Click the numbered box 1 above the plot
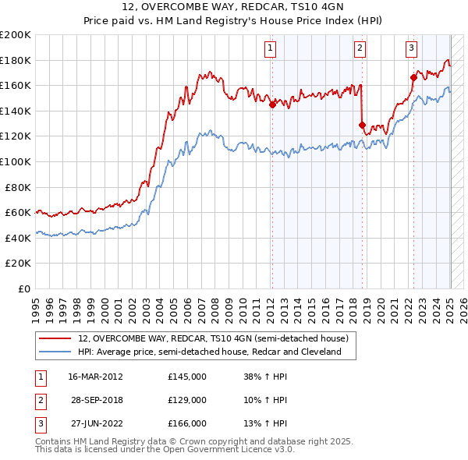click(x=270, y=48)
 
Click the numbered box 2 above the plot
click(x=360, y=48)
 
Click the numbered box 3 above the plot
click(x=410, y=48)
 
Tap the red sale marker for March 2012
click(x=272, y=104)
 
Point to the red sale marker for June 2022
click(x=413, y=77)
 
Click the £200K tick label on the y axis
click(x=16, y=35)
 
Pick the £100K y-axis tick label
click(x=16, y=161)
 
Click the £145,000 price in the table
click(x=187, y=377)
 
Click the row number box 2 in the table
click(x=40, y=400)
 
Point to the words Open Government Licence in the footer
click(x=226, y=449)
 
